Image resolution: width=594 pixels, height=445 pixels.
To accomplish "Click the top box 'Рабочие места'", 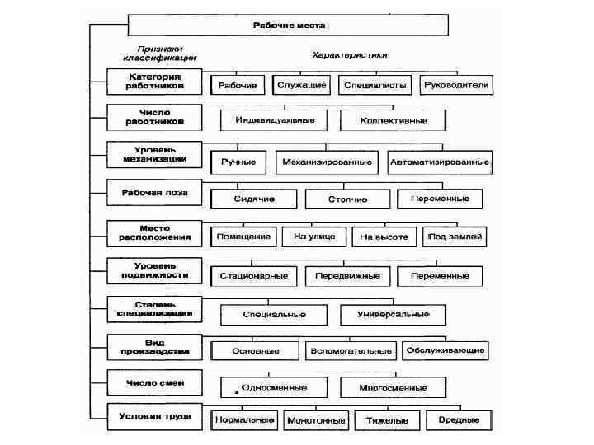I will [289, 26].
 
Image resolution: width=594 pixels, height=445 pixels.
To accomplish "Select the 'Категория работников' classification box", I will [154, 80].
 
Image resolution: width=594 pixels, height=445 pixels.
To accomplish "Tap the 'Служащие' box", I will [302, 85].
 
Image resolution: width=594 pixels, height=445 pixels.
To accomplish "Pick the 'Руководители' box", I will [456, 85].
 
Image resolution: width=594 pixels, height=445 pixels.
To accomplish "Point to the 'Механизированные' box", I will [327, 162].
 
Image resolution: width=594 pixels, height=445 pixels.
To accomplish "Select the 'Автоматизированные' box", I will [439, 162].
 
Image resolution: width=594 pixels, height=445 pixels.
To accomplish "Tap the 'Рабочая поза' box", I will [154, 193].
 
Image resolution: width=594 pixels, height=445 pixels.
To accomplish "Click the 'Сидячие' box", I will [252, 199].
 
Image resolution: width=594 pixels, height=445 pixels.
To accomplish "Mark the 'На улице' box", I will [313, 237].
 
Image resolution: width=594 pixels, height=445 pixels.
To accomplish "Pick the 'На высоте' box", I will [384, 237].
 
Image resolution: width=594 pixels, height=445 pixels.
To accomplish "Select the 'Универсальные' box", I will [394, 314].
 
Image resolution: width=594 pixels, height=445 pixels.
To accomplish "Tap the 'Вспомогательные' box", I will [349, 351].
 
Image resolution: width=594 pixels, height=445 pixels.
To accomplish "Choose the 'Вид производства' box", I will [154, 345].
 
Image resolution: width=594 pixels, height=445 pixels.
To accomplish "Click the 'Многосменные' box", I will [394, 386].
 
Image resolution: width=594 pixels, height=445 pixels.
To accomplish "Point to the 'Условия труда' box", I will [154, 416].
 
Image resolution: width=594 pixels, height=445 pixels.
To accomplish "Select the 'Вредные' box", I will [460, 420].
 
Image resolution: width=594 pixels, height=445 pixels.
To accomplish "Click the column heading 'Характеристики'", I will [350, 54].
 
